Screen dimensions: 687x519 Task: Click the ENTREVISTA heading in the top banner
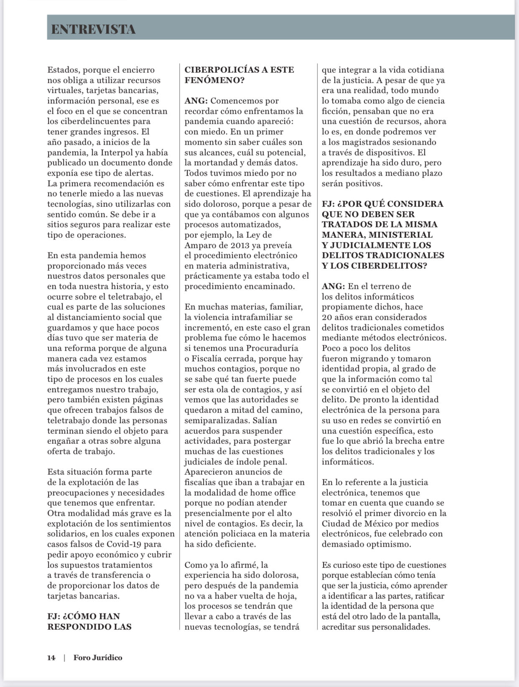93,29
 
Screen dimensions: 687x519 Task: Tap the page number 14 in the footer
51,657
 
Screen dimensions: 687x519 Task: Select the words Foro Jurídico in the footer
98,657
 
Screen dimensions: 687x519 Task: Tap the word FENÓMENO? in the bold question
214,80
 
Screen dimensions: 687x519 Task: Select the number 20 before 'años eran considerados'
326,317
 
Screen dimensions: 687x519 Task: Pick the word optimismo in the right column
387,544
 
